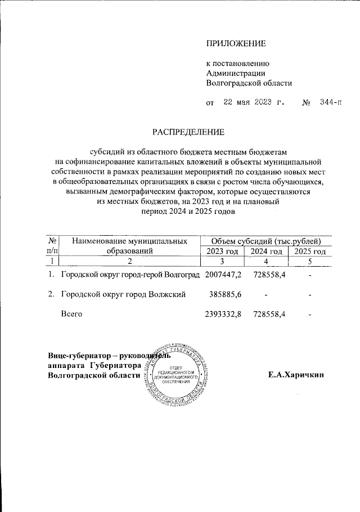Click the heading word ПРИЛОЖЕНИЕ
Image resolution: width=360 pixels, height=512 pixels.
(236, 43)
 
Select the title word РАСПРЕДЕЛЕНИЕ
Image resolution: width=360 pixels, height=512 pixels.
(188, 132)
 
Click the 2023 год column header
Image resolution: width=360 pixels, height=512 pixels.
(223, 251)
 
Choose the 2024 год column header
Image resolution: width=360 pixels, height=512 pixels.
(266, 251)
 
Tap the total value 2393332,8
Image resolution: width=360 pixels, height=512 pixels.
(223, 314)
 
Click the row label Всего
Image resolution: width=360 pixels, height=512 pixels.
(71, 314)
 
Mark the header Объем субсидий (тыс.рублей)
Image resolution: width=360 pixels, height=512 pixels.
(266, 241)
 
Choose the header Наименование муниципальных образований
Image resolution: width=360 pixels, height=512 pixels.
(129, 246)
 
